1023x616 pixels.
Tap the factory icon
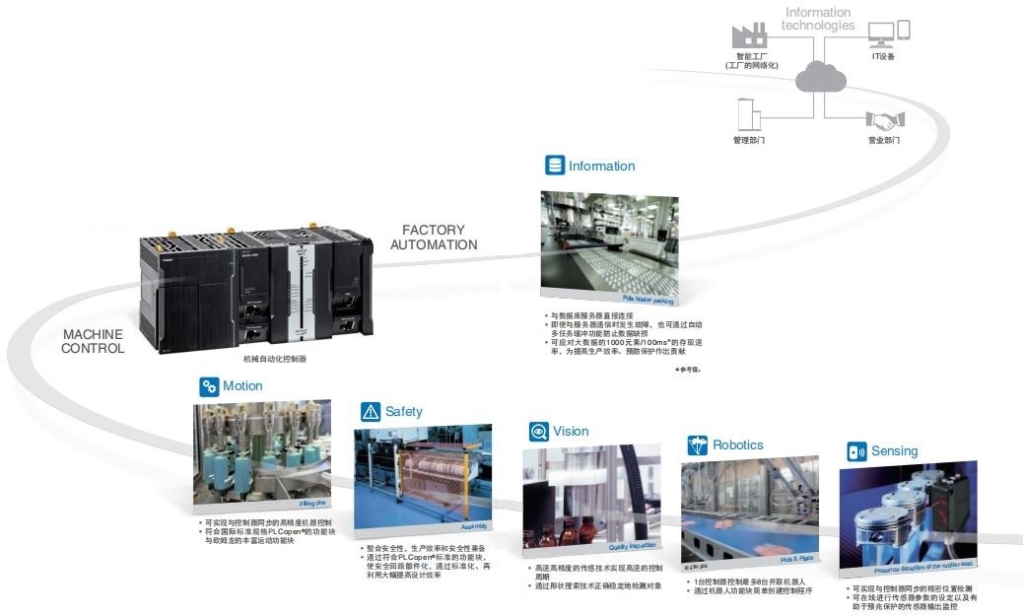(x=749, y=35)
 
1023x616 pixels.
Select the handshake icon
(x=884, y=120)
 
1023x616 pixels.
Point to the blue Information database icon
(x=555, y=166)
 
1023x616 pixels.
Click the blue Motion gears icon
(x=208, y=386)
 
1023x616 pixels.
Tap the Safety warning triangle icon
(x=371, y=412)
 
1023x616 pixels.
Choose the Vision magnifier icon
(x=538, y=431)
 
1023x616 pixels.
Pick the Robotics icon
(x=698, y=445)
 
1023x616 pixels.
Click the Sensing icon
(x=856, y=451)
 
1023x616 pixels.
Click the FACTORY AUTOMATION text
(x=434, y=238)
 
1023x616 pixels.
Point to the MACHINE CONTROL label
(x=94, y=341)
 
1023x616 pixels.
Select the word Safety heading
(x=404, y=412)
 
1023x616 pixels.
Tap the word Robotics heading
(x=738, y=445)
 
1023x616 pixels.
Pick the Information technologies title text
(x=818, y=19)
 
